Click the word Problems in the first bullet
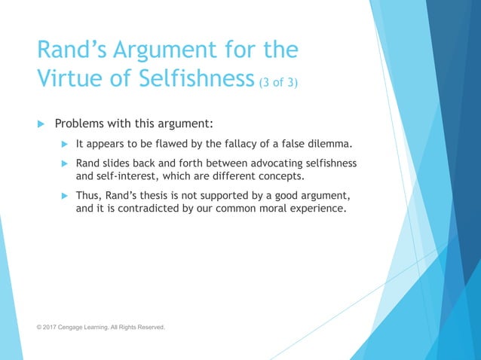pos(82,124)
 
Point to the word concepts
pos(286,177)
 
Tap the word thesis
pos(164,197)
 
